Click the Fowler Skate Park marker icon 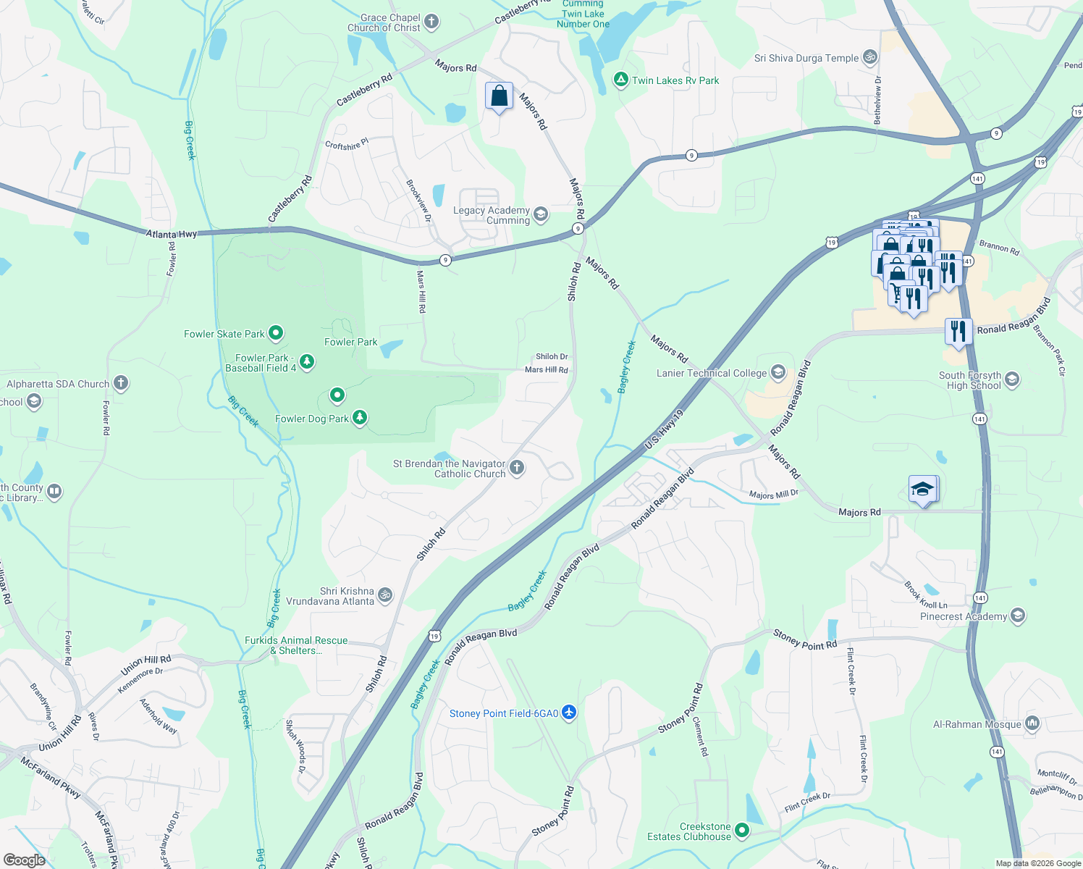[x=276, y=333]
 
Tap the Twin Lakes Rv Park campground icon [x=620, y=80]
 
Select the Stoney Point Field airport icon [x=569, y=713]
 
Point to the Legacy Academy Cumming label [x=492, y=215]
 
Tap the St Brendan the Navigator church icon [x=517, y=467]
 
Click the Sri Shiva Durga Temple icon [x=870, y=57]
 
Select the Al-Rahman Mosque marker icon [x=1032, y=723]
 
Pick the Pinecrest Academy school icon [x=1018, y=616]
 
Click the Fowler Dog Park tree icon [x=360, y=418]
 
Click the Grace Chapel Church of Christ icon [x=431, y=21]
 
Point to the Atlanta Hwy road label [x=172, y=234]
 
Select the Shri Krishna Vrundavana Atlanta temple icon [x=385, y=595]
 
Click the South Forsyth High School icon [x=1012, y=379]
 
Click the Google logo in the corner [x=24, y=860]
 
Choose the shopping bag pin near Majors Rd [x=499, y=96]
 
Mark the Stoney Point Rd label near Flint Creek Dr [x=805, y=639]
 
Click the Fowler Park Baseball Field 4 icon [x=307, y=361]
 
